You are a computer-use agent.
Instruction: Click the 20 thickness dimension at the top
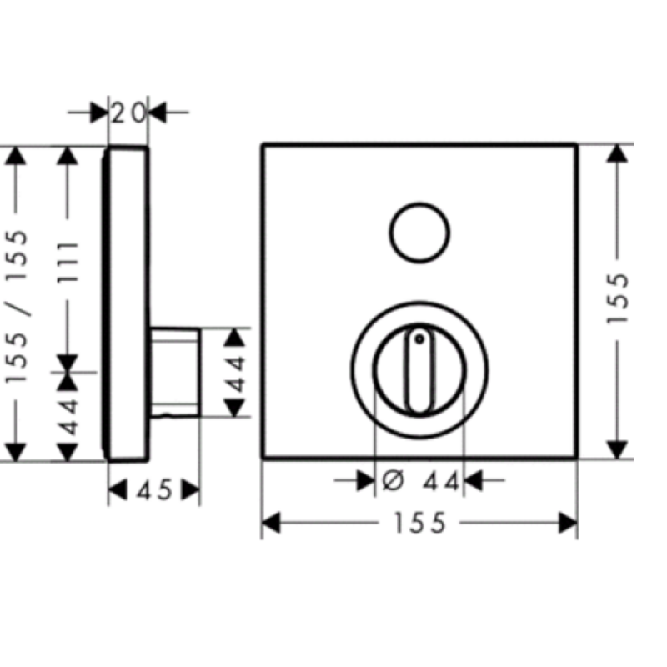pos(129,111)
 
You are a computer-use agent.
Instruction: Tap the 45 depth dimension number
pos(153,490)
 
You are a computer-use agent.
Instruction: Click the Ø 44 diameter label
pos(425,481)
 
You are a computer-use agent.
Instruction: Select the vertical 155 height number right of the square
pos(618,301)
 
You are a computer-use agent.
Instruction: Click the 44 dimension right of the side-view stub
pos(236,373)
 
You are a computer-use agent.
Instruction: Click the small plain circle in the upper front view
pos(419,232)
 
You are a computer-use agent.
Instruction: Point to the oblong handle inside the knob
pos(419,370)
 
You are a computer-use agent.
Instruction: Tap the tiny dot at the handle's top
pos(419,339)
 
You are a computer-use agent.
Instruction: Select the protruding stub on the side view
pos(175,370)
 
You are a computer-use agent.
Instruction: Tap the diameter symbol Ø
pos(395,481)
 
